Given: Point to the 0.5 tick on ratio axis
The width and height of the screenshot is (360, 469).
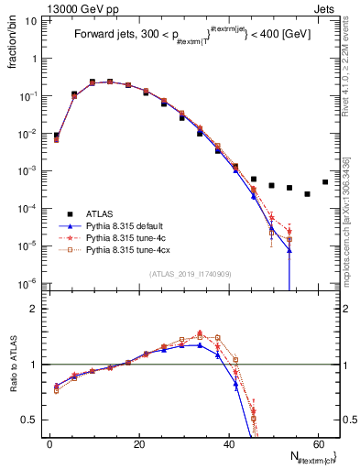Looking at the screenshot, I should [30, 420].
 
